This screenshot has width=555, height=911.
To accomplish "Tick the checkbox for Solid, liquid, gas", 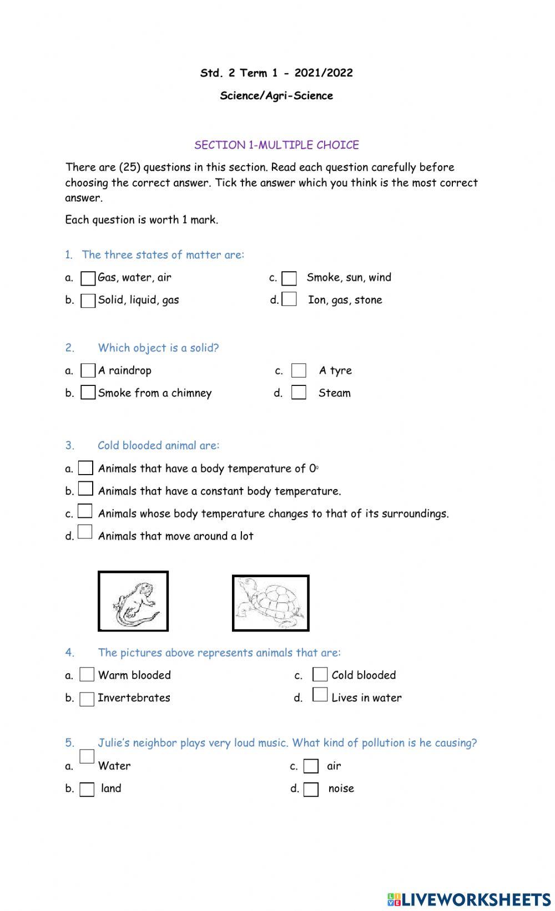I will tap(88, 301).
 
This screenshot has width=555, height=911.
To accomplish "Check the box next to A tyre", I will tap(299, 370).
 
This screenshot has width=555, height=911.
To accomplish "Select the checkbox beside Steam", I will tap(299, 393).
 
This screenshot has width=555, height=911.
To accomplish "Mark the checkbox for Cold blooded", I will tap(320, 675).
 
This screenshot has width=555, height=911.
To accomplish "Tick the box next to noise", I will tap(311, 789).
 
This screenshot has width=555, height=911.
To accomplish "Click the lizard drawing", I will tap(133, 602).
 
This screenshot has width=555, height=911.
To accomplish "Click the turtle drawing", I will tap(270, 603).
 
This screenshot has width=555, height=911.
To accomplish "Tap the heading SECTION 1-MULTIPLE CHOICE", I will tap(276, 145).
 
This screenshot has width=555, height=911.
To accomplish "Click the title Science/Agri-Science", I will tap(276, 95).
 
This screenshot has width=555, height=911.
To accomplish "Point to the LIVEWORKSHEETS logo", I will tap(468, 899).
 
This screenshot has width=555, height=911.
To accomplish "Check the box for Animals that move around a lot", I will tap(85, 532).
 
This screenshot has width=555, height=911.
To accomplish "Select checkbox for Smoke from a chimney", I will tap(88, 393).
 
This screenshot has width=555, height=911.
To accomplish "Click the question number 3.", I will tap(69, 445).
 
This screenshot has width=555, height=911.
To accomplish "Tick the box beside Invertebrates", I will tap(87, 699).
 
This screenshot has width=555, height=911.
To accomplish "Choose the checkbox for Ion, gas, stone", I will tap(289, 299).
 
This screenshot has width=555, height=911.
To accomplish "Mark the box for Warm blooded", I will tap(87, 675).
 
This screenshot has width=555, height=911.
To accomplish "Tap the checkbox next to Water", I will tap(87, 757).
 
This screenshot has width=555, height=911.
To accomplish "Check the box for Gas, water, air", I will tap(88, 278).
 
